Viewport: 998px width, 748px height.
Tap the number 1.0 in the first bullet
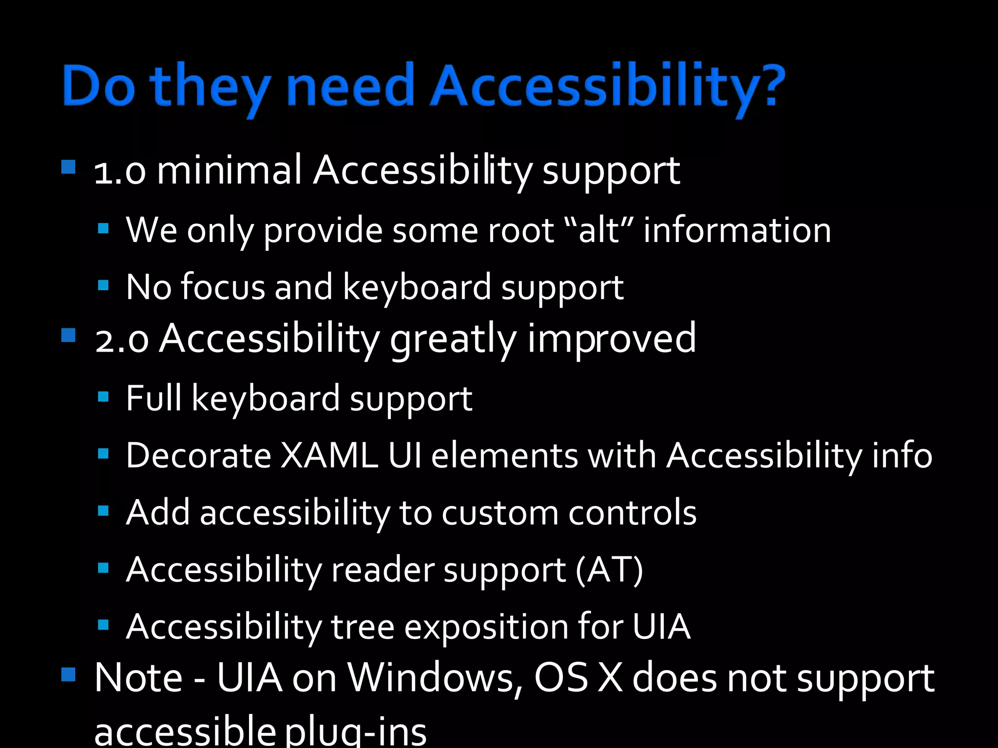[x=120, y=172]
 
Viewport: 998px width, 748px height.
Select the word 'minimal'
[x=229, y=170]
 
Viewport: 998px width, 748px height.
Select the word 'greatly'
[x=453, y=339]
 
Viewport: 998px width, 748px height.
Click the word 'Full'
[x=153, y=398]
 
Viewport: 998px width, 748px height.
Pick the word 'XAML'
[x=329, y=456]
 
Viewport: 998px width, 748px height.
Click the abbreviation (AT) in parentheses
[x=609, y=570]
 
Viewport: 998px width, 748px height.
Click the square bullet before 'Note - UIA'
[x=69, y=674]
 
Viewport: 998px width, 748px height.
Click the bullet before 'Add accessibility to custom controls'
[x=103, y=511]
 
